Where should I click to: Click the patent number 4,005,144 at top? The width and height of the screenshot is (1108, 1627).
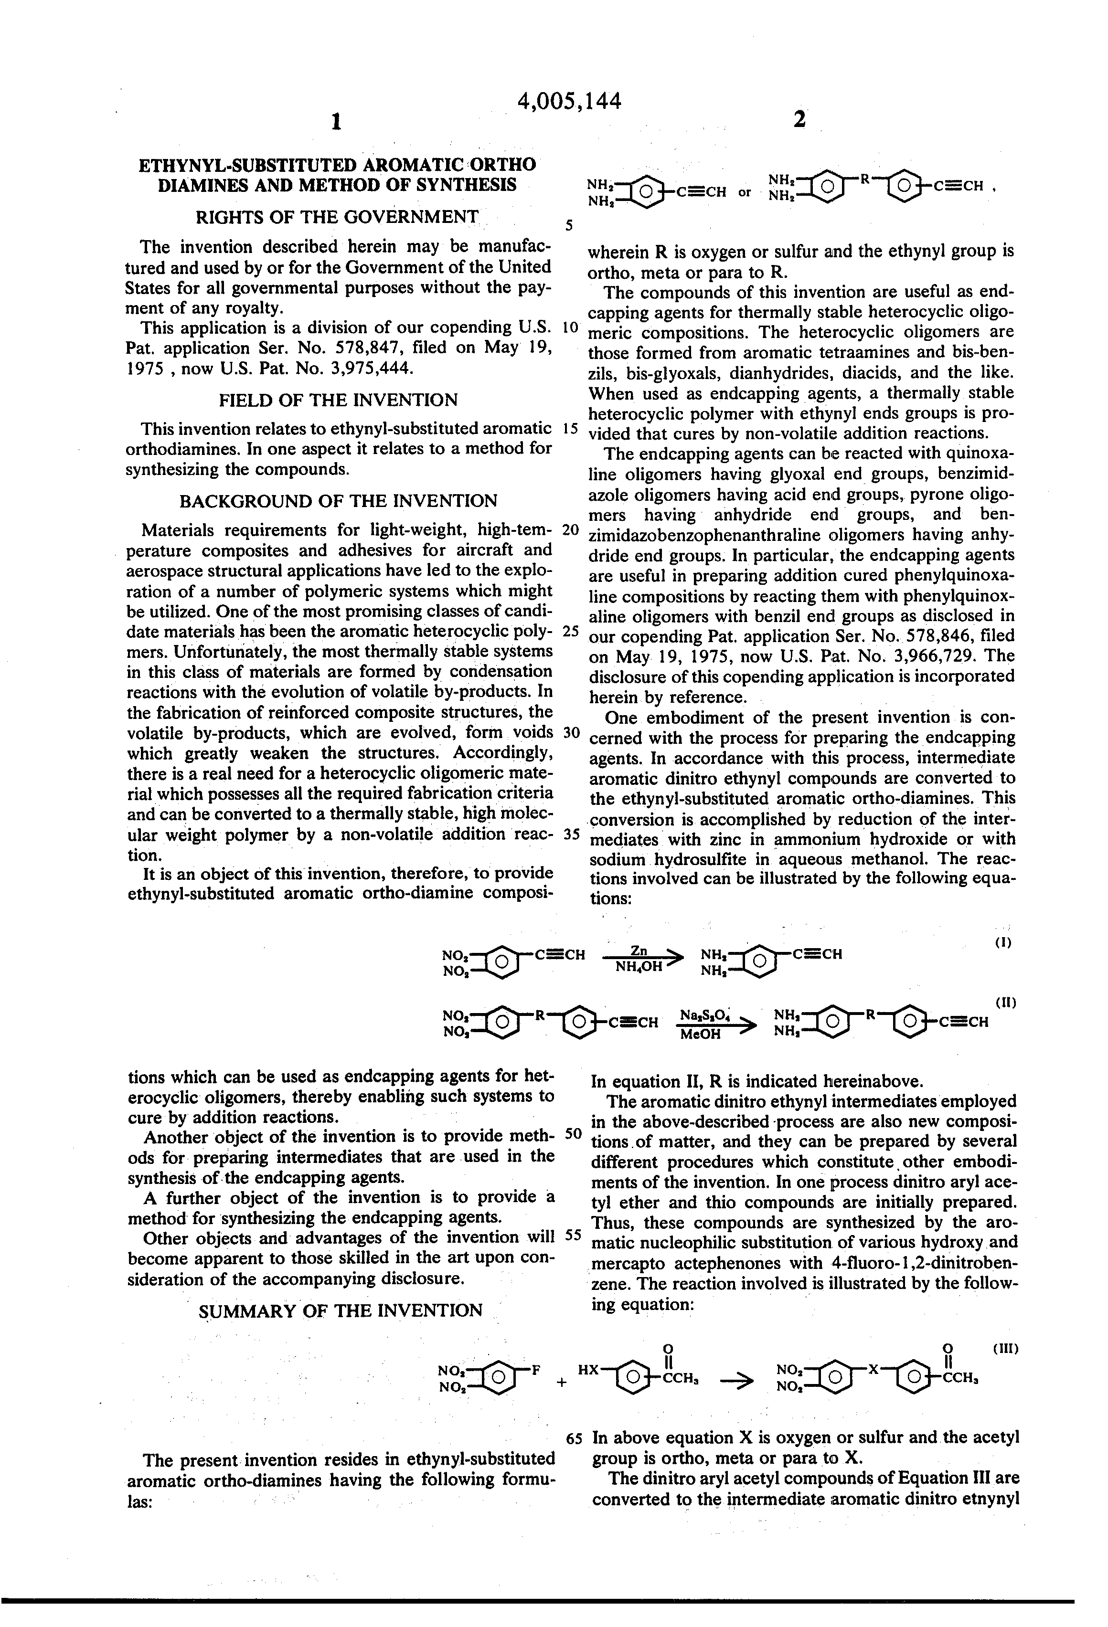point(569,102)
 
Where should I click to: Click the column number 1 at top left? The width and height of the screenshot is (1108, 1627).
point(336,123)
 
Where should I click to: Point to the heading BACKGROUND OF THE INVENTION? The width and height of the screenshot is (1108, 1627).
point(338,501)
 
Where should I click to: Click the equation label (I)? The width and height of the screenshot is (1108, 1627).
point(1003,942)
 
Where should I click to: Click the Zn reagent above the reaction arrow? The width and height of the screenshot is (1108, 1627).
point(638,950)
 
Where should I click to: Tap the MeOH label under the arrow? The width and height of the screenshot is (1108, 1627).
point(700,1034)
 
